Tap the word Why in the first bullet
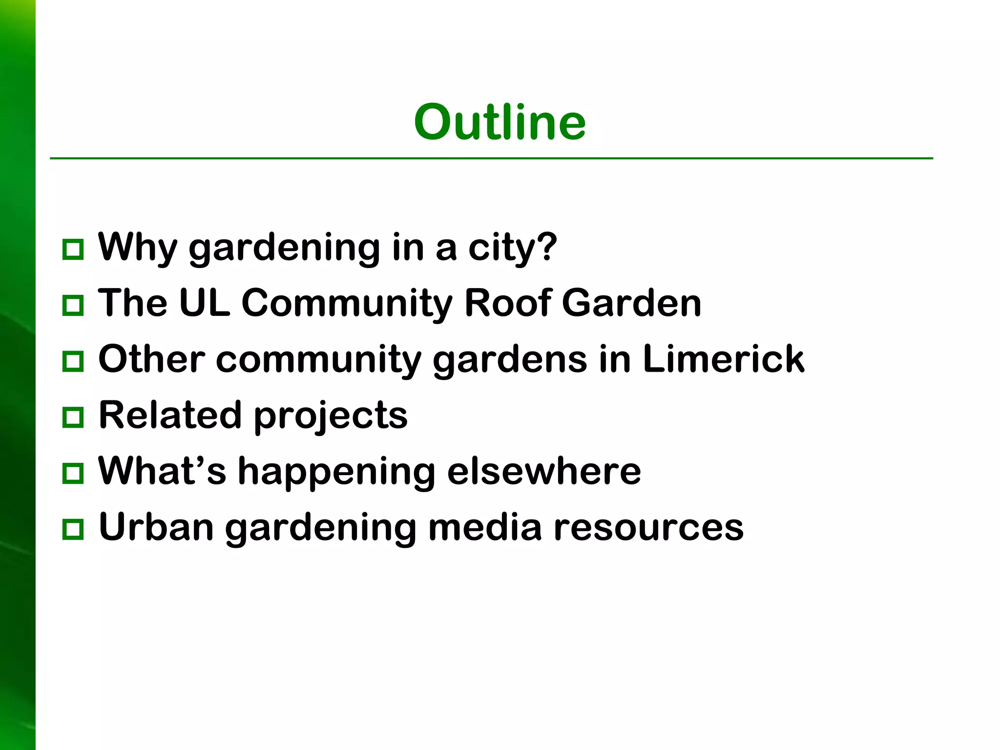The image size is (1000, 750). point(137,248)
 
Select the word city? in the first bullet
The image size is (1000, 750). point(512,248)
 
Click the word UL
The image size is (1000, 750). point(205,303)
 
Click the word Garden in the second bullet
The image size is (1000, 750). point(631,303)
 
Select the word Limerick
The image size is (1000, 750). point(724,359)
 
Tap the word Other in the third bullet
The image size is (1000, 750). point(151,359)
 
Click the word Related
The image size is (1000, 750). point(170,415)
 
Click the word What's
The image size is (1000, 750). point(162,471)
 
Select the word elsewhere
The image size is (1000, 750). point(543,471)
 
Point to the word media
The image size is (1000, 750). point(485,527)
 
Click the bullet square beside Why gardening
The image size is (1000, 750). point(73,250)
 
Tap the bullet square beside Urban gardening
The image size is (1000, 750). point(73,529)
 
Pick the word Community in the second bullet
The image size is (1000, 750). point(347,303)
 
